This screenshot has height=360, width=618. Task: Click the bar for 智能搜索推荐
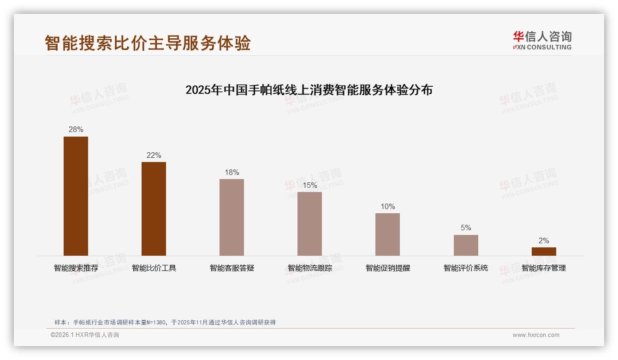pos(76,196)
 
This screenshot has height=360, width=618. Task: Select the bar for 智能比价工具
pos(154,209)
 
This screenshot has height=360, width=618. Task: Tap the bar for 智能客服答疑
pos(232,217)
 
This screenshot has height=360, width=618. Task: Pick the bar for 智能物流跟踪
pos(309,224)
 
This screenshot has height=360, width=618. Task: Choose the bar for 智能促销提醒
pos(387,234)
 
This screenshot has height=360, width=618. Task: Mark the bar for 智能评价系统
pos(466,245)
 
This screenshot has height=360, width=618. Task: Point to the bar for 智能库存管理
pos(544,252)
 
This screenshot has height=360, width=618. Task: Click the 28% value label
pos(76,130)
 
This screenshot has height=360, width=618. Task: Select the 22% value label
pos(154,156)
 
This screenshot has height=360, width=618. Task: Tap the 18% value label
pos(232,173)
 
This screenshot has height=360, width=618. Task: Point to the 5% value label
pos(466,228)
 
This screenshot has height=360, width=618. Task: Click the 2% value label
pos(544,241)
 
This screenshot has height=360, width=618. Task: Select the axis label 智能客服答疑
pos(232,268)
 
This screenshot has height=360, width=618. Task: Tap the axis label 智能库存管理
pos(544,268)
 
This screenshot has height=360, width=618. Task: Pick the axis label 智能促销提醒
pos(387,268)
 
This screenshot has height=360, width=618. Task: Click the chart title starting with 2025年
pos(309,90)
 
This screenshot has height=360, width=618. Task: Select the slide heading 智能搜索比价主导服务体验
pos(148,43)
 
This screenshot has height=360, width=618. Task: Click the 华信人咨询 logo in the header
pos(542,40)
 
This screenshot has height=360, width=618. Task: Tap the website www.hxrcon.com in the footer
pos(536,335)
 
